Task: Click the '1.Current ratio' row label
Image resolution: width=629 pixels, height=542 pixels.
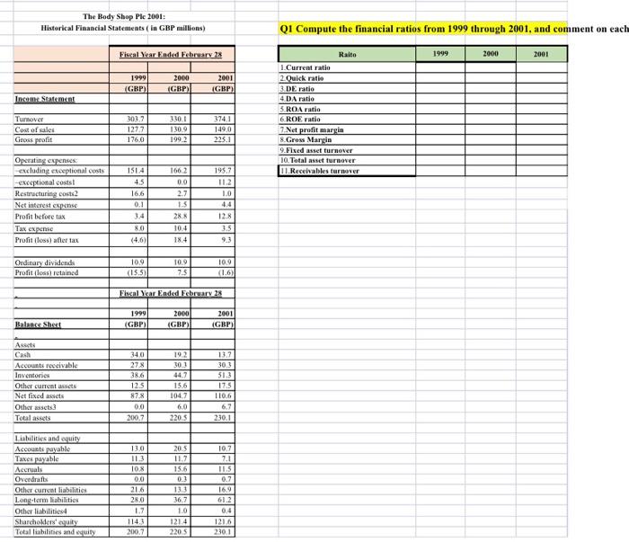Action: [x=306, y=68]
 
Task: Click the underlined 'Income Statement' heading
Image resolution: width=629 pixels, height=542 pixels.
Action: [x=45, y=99]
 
